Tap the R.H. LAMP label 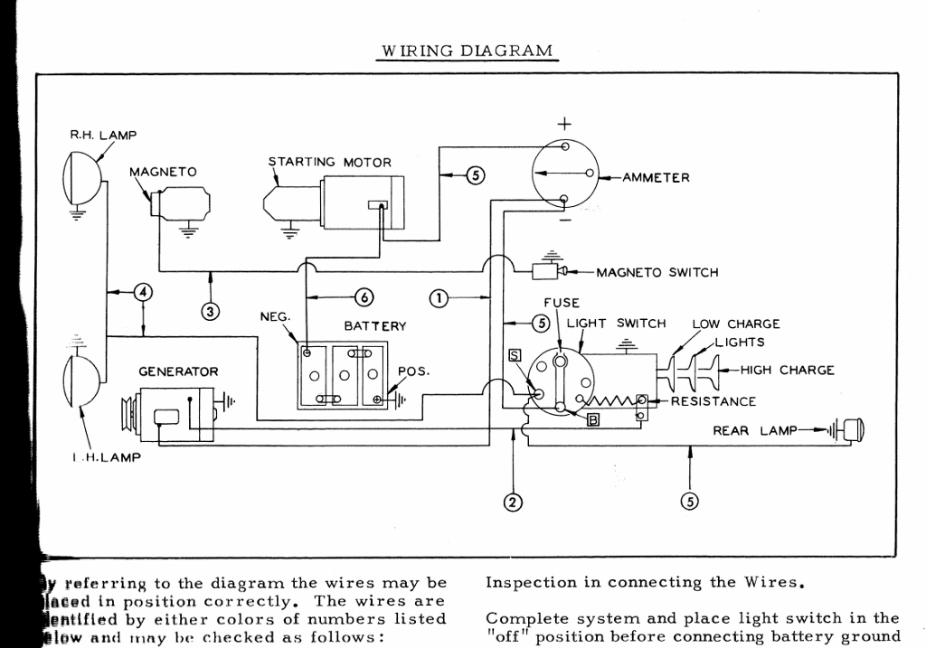(103, 136)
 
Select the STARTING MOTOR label (330, 163)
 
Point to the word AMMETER (656, 178)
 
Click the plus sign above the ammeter (564, 123)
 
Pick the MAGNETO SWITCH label (657, 272)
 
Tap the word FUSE (562, 303)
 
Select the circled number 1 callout (437, 298)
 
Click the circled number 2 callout (513, 502)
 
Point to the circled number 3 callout (211, 312)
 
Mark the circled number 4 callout (142, 291)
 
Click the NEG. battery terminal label (275, 317)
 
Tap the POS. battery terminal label (413, 371)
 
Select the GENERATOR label (178, 371)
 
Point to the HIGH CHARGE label (787, 370)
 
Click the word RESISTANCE (713, 401)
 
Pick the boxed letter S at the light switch (515, 356)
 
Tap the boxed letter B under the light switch (593, 418)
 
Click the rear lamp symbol (850, 430)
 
